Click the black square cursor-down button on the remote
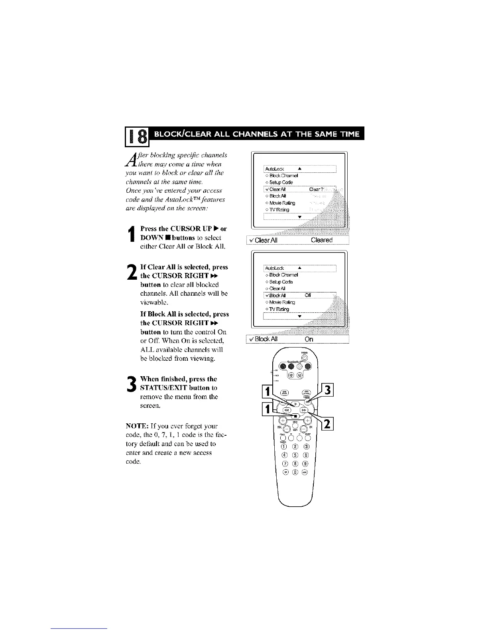click(x=295, y=416)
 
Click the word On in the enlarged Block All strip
click(x=309, y=340)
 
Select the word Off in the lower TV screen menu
click(x=307, y=296)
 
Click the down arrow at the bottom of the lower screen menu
click(x=300, y=316)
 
